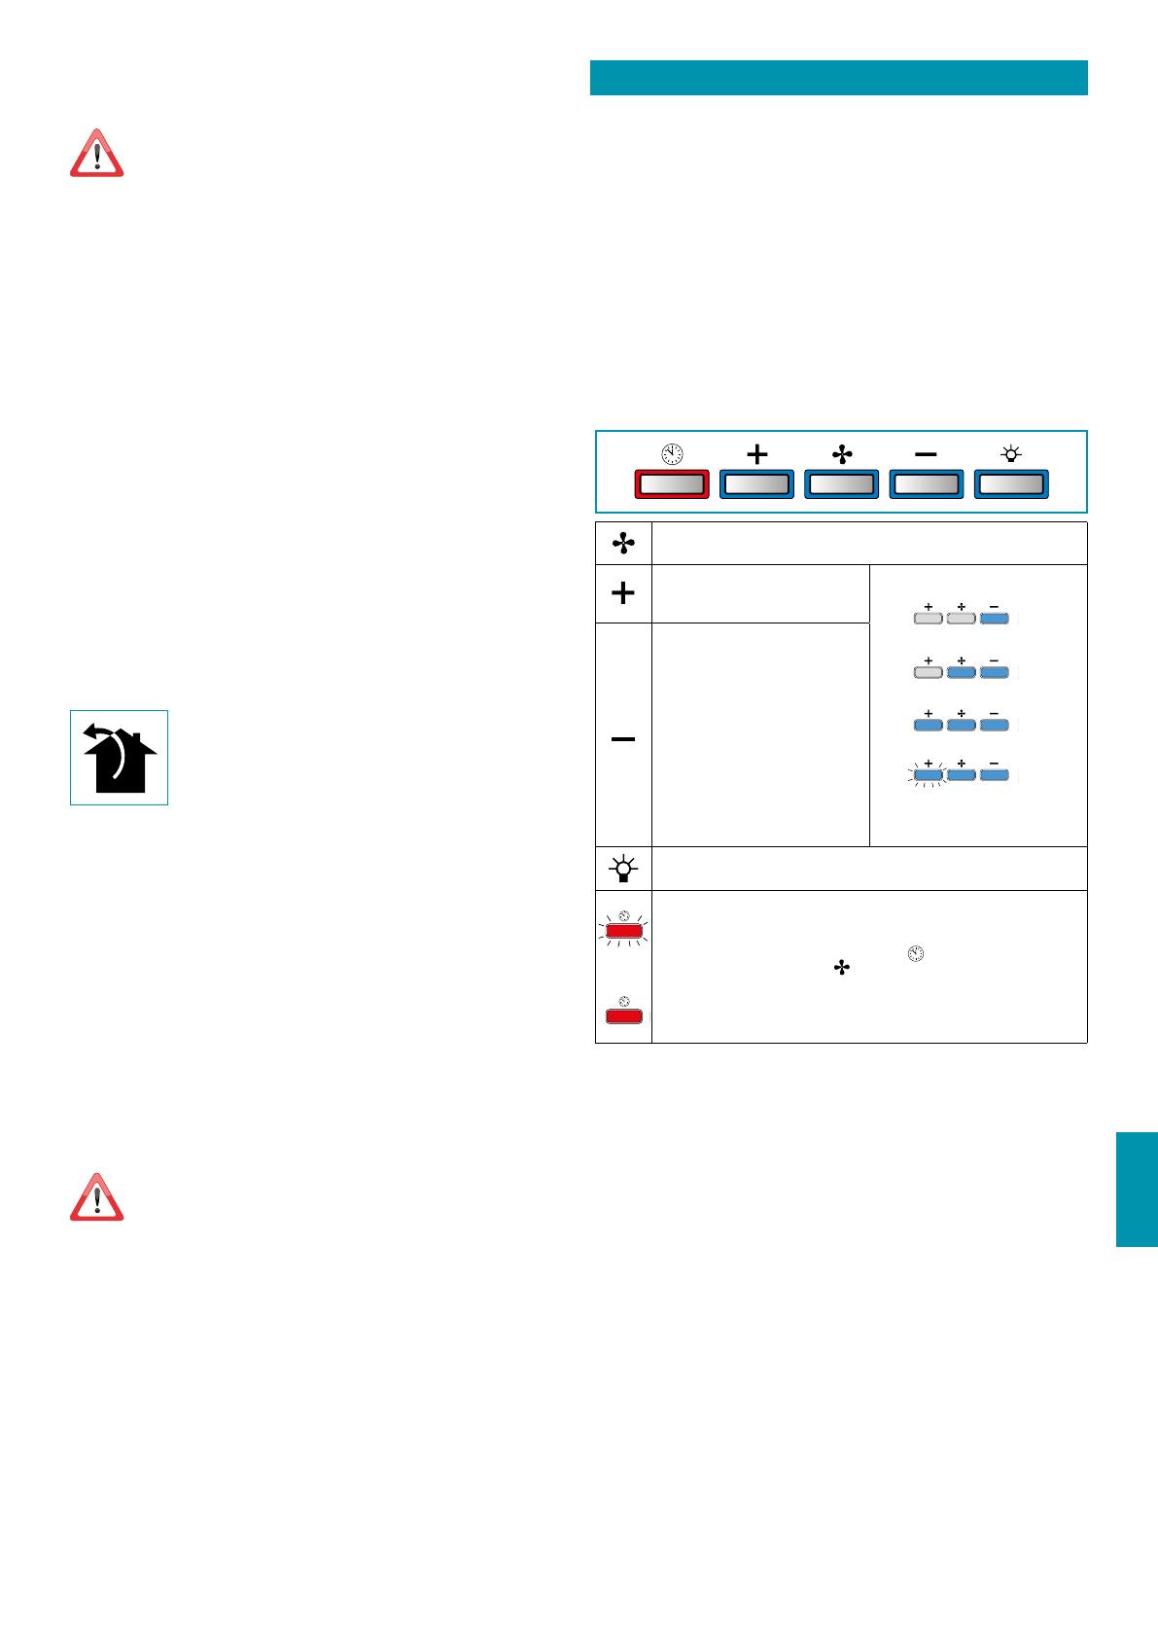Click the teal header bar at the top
click(x=838, y=78)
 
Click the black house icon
click(x=120, y=759)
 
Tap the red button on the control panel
click(x=672, y=484)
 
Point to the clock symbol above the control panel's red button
click(x=672, y=454)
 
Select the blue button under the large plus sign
click(x=756, y=484)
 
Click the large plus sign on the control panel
click(x=756, y=454)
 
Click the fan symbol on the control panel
click(x=842, y=454)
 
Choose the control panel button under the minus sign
click(x=927, y=484)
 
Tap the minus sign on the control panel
click(x=927, y=454)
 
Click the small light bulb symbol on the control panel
click(x=1011, y=454)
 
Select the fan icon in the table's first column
click(x=623, y=544)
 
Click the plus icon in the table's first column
click(x=623, y=592)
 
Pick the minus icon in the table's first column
click(x=623, y=739)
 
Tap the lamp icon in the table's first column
click(x=623, y=868)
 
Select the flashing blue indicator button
click(x=928, y=776)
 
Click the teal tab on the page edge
click(x=1137, y=1189)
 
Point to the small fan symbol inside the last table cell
click(x=842, y=968)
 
